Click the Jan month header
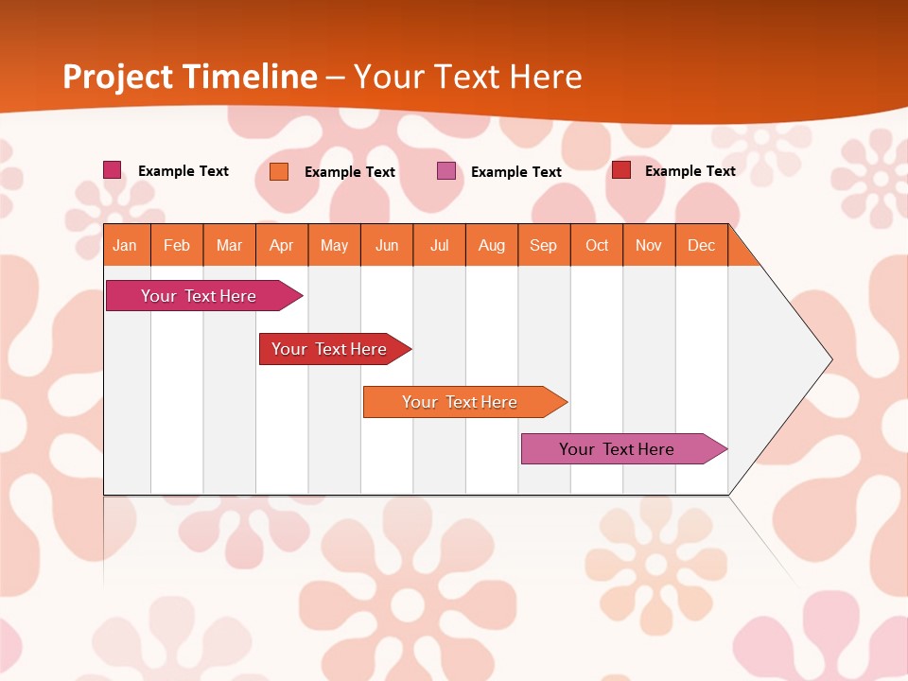point(125,245)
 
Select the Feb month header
point(177,245)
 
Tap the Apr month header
point(282,245)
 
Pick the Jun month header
point(387,245)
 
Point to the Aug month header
point(492,245)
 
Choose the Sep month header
point(544,245)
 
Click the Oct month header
point(597,245)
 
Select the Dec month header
point(702,245)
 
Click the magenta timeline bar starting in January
point(199,296)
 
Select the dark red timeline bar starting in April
point(329,349)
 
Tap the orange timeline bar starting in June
point(460,402)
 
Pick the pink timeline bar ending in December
point(617,449)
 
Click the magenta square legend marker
point(113,170)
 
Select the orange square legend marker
point(279,171)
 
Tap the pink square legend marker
point(446,171)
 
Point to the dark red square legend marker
point(621,170)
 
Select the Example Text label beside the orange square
point(350,172)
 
